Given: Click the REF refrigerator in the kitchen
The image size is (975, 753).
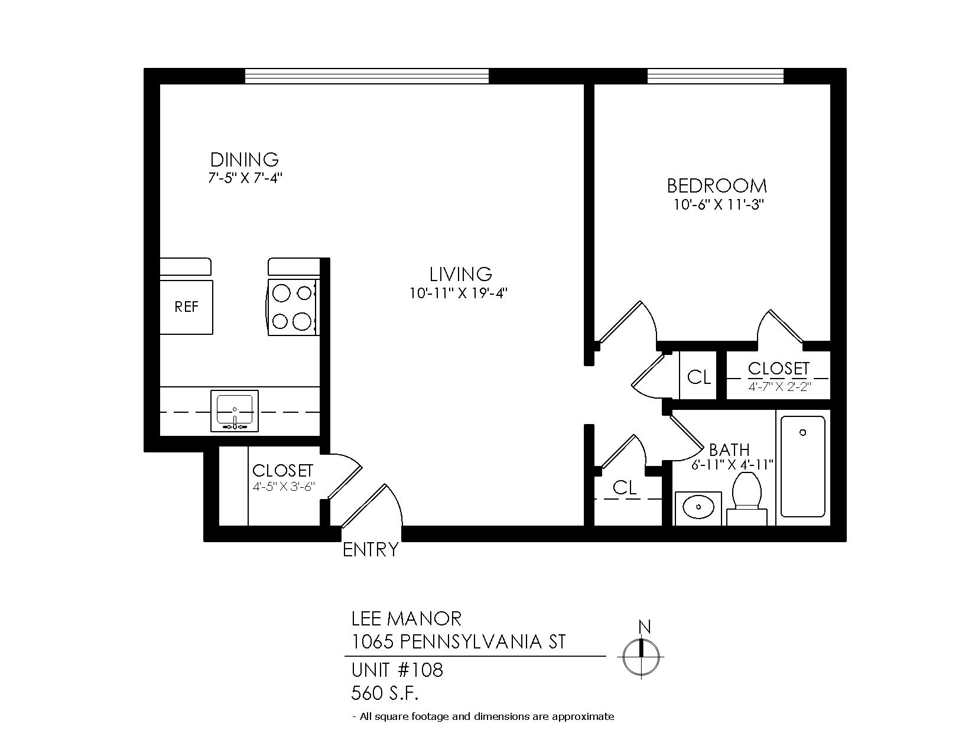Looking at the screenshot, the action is (186, 307).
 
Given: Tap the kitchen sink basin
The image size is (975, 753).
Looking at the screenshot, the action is (234, 410).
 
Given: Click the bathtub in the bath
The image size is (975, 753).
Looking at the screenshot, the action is (802, 467).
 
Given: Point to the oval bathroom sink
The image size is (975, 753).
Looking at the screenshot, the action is (698, 507).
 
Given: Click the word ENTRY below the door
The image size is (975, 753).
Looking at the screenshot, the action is (370, 549).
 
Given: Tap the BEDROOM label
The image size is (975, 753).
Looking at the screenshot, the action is (717, 185).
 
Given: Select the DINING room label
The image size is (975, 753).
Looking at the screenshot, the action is (245, 159).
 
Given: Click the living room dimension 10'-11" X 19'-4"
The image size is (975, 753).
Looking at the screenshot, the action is (458, 294).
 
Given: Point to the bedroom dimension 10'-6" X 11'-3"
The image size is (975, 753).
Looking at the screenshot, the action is (719, 204).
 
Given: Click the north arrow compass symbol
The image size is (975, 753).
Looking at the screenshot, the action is (641, 657).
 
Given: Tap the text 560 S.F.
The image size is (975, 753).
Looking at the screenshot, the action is (385, 693).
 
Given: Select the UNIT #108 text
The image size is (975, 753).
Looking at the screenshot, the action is (397, 670).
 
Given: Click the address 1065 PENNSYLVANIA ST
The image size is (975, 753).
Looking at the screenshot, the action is (458, 641).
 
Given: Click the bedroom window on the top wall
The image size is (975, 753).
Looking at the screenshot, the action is (715, 76).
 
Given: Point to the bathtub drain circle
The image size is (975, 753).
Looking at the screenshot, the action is (802, 432).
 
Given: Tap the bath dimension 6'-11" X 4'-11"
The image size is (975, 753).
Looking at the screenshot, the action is (732, 464).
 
